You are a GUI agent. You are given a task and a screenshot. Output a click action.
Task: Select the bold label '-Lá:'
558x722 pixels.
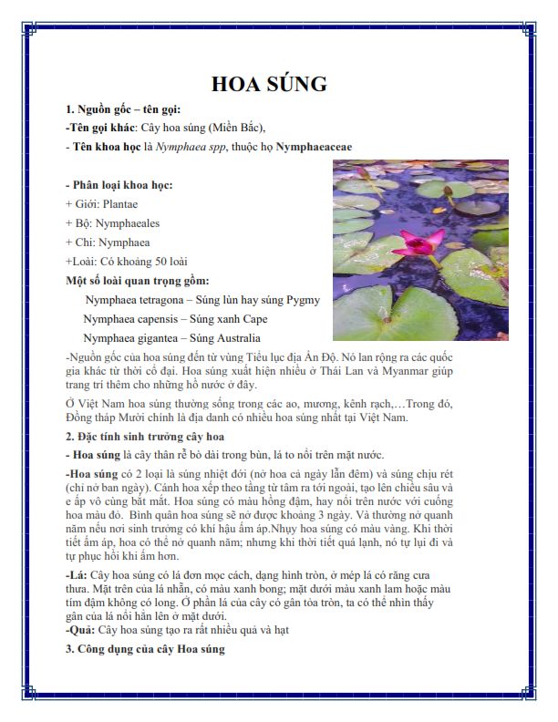click(77, 577)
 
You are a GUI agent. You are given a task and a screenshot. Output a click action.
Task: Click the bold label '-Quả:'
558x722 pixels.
click(81, 630)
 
